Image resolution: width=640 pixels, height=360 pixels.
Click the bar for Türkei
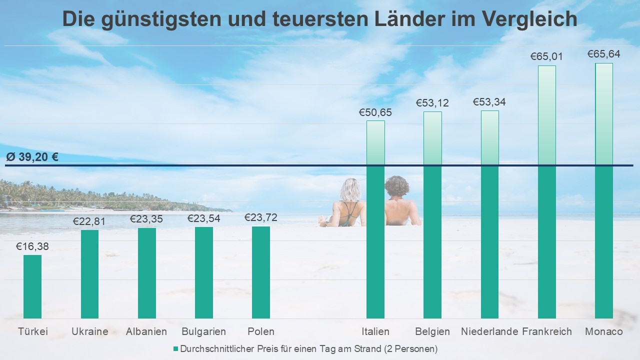pos(32,286)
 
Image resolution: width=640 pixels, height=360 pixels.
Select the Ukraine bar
pos(89,274)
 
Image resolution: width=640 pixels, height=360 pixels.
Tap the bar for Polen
pos(260,272)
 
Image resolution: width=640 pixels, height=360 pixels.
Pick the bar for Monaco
pos(603,190)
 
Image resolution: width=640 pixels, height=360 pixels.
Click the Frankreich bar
pos(546,192)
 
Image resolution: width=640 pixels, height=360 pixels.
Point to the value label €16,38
pos(32,246)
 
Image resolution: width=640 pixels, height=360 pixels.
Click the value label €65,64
pos(603,54)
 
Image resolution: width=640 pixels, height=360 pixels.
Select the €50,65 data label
pos(375,112)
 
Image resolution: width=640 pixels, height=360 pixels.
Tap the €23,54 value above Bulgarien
pos(203,218)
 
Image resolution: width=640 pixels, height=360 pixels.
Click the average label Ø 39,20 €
pos(32,157)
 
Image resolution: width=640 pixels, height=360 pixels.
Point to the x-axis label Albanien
pos(146,331)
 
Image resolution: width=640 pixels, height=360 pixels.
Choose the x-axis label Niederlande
pos(489,331)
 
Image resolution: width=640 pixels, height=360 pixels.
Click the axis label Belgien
pos(432,331)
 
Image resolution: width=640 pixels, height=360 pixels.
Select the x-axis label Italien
pos(375,331)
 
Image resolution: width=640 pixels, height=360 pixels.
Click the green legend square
pos(175,348)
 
